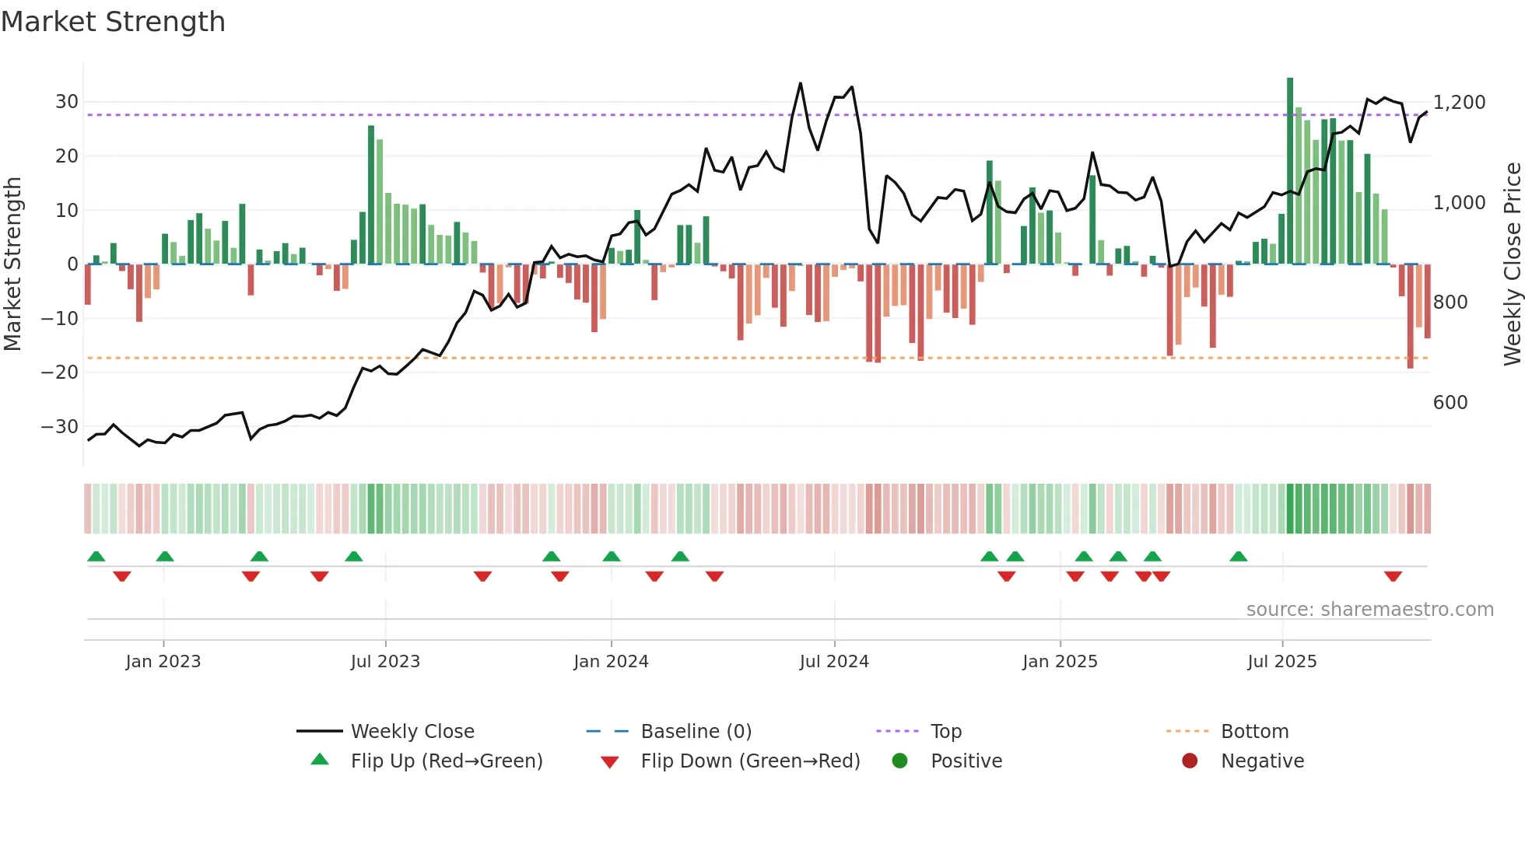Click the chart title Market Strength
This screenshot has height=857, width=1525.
click(113, 22)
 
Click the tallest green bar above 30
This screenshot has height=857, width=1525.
click(1289, 171)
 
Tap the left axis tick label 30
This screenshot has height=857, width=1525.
click(67, 102)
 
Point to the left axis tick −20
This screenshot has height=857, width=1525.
click(61, 373)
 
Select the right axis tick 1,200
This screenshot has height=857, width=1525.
click(1459, 103)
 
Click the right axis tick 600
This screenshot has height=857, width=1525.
click(1450, 403)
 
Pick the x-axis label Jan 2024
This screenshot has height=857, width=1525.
click(611, 662)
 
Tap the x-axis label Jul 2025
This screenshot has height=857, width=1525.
click(1281, 662)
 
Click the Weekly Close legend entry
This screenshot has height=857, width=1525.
click(412, 732)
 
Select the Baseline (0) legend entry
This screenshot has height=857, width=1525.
click(696, 732)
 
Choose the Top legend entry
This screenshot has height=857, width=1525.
click(945, 732)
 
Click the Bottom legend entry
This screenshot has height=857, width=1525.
click(1254, 732)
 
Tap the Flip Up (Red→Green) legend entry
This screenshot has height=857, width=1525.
click(446, 761)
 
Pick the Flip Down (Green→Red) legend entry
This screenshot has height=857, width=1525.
click(750, 761)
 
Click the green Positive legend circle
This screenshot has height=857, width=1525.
click(899, 761)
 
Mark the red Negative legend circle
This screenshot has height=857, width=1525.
click(1190, 761)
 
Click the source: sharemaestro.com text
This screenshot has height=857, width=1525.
click(1369, 610)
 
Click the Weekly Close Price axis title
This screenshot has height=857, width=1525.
click(1512, 264)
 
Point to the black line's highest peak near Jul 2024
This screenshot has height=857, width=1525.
click(800, 83)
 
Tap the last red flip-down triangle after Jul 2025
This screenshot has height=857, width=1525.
click(1393, 576)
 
